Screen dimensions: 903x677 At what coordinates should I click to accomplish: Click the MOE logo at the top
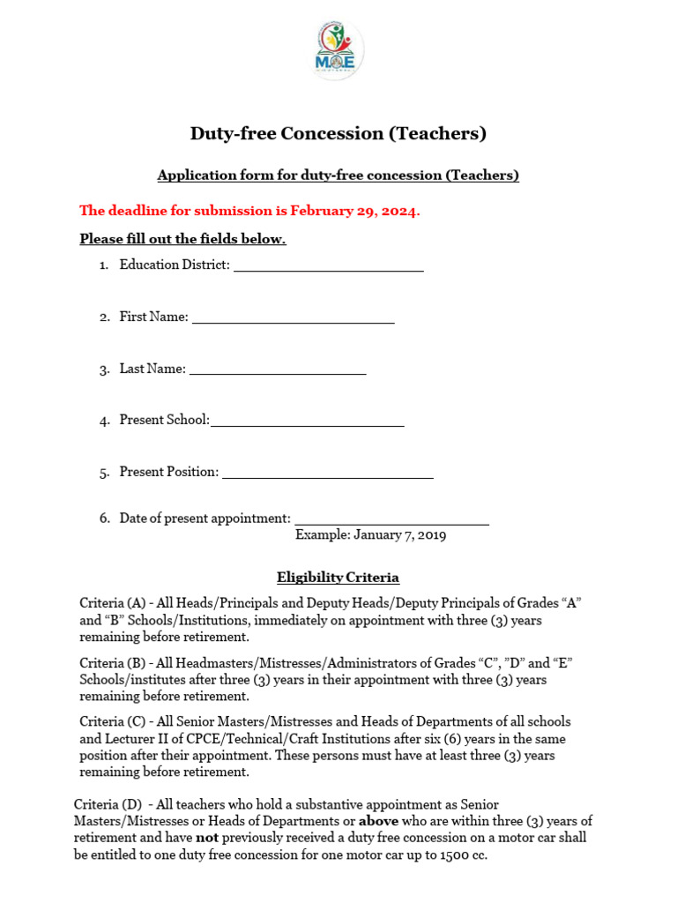pyautogui.click(x=338, y=51)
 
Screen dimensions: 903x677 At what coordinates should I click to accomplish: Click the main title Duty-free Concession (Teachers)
pyautogui.click(x=338, y=134)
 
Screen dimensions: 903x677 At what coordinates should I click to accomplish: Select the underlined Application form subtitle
pyautogui.click(x=338, y=175)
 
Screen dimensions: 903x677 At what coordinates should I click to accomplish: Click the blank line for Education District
pyautogui.click(x=328, y=267)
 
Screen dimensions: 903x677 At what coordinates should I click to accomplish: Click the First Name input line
pyautogui.click(x=293, y=319)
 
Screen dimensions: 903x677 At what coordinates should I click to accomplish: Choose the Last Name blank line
pyautogui.click(x=278, y=371)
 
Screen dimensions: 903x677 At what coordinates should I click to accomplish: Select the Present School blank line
pyautogui.click(x=307, y=422)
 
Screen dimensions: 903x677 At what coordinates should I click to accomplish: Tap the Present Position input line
pyautogui.click(x=327, y=474)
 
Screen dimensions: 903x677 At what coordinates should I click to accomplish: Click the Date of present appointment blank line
pyautogui.click(x=391, y=521)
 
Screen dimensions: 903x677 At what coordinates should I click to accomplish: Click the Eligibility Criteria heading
pyautogui.click(x=338, y=578)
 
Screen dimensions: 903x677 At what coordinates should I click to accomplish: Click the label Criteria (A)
pyautogui.click(x=112, y=603)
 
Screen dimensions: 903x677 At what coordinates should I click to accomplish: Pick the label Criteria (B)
pyautogui.click(x=112, y=663)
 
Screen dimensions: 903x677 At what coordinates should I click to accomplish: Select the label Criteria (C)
pyautogui.click(x=112, y=722)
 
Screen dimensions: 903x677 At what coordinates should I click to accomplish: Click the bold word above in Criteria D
pyautogui.click(x=379, y=821)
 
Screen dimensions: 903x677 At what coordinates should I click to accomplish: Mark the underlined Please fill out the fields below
pyautogui.click(x=182, y=239)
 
